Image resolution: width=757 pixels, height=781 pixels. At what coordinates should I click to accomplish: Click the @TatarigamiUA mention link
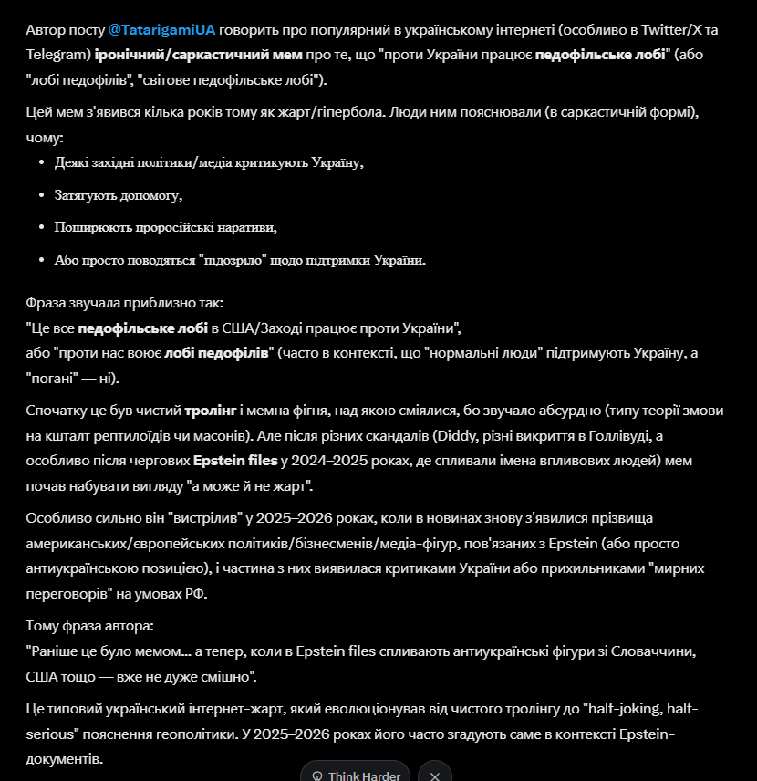pyautogui.click(x=161, y=29)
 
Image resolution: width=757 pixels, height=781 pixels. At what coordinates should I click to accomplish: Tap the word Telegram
pyautogui.click(x=57, y=55)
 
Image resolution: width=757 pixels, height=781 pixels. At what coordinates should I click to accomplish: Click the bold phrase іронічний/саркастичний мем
pyautogui.click(x=199, y=55)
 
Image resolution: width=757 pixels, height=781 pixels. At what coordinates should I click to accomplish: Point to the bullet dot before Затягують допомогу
pyautogui.click(x=44, y=196)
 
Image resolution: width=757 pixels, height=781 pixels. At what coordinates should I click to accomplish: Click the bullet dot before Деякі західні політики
pyautogui.click(x=44, y=163)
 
